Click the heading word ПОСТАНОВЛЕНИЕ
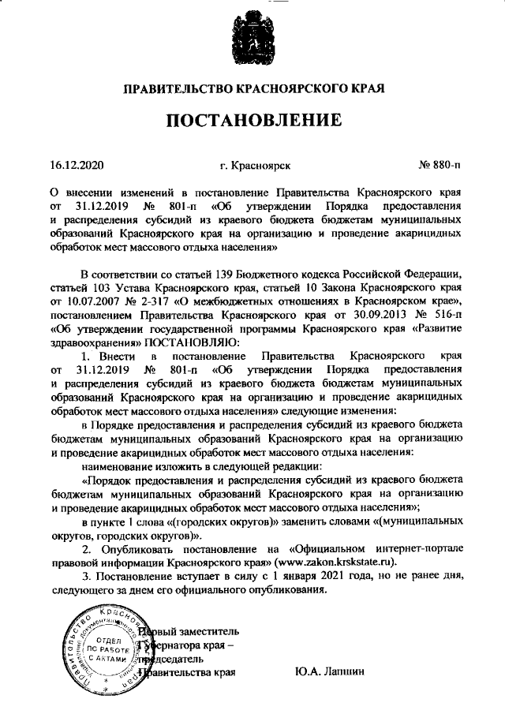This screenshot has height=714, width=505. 252,121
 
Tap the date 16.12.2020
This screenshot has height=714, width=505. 77,166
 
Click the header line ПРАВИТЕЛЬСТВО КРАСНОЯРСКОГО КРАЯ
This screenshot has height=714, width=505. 252,90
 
